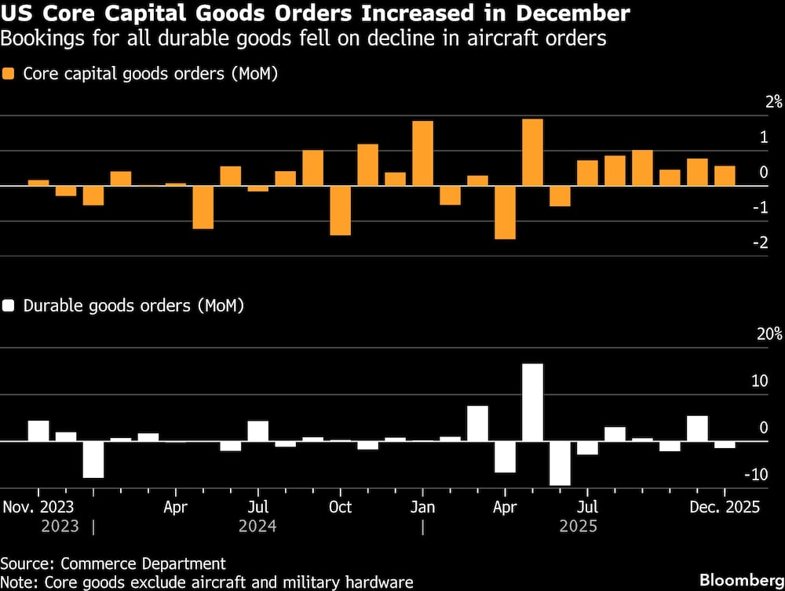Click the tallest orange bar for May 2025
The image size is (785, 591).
(x=532, y=152)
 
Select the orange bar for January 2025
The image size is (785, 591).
(x=422, y=153)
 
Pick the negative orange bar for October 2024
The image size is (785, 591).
(x=340, y=210)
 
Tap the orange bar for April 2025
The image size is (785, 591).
(x=505, y=212)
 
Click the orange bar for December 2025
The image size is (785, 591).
(x=725, y=176)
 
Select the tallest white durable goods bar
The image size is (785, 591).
(x=532, y=402)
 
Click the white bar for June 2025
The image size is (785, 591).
(x=560, y=463)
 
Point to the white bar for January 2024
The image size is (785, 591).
(x=93, y=459)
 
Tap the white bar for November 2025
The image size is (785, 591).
(x=697, y=429)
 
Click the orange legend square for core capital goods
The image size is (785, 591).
(x=9, y=74)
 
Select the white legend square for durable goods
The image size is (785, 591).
(x=9, y=305)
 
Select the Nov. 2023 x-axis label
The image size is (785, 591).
(x=38, y=507)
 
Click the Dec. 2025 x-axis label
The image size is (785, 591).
(x=725, y=507)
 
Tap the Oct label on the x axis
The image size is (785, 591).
(x=340, y=507)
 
